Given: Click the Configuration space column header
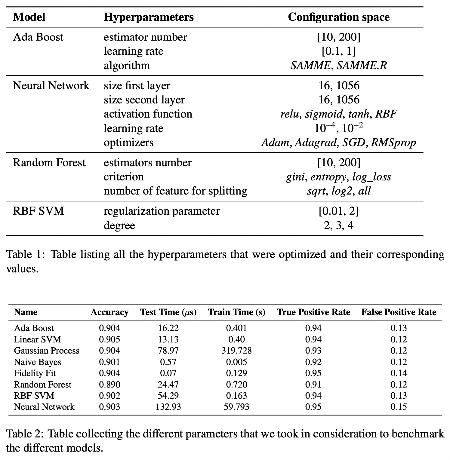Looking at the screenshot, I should coord(338,17).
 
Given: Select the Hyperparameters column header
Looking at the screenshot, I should coord(149,17).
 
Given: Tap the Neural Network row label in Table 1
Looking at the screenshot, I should coord(51,86).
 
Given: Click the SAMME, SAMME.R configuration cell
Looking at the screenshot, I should coord(338,66).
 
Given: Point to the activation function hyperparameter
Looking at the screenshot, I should coord(148,114).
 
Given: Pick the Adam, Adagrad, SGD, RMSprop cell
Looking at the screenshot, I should coord(338,143).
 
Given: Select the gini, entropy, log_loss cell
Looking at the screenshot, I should coord(338,177).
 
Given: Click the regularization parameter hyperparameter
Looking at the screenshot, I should coord(162,211).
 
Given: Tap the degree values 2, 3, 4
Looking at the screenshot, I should coord(338,225).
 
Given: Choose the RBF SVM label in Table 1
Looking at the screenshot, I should coord(39,211).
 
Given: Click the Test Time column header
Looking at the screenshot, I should coord(168,312).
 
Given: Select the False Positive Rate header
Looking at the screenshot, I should coord(399,312).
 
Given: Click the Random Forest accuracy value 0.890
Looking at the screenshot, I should coord(109,385).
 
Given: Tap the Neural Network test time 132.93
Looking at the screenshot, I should coord(168,407).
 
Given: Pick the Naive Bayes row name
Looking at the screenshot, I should coord(37,362).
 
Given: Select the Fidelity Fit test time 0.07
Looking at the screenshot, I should coord(168,373).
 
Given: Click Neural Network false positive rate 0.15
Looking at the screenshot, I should coord(399,407).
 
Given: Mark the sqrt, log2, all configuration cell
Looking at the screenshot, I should coord(338,191).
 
